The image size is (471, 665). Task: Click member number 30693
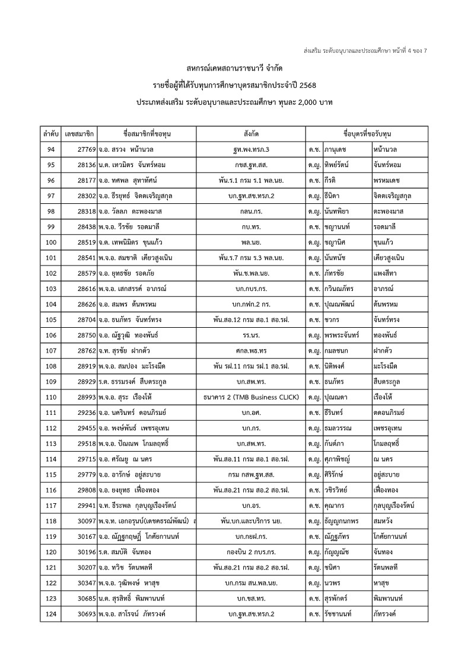click(85, 613)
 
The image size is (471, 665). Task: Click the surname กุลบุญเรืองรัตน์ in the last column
click(390, 505)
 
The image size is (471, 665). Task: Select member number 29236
click(85, 412)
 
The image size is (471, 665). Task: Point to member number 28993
click(85, 397)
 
